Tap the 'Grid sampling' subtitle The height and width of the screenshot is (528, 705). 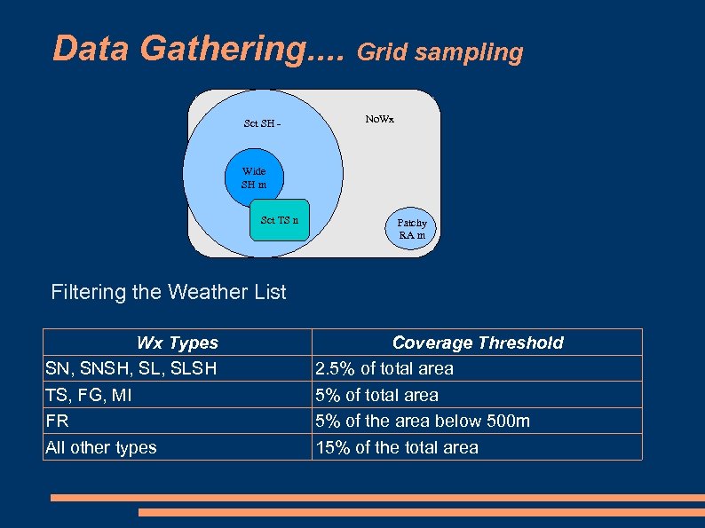(x=440, y=52)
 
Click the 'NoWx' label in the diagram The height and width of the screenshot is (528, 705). (x=380, y=118)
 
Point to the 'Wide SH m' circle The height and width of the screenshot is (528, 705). (x=254, y=178)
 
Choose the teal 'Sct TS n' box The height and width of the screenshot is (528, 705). (x=280, y=220)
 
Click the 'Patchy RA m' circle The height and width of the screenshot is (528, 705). (x=411, y=229)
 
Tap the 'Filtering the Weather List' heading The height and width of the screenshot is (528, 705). (x=169, y=292)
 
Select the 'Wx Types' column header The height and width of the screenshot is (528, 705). (x=177, y=343)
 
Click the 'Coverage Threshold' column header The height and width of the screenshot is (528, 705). (x=477, y=343)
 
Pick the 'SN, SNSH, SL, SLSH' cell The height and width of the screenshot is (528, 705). (x=131, y=368)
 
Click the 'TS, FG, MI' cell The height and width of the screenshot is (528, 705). (x=95, y=395)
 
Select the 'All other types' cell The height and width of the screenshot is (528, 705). (x=100, y=447)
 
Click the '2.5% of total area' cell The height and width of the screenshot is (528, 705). (x=384, y=368)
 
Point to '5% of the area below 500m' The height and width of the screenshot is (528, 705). (x=423, y=421)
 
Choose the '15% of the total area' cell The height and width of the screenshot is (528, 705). (x=397, y=447)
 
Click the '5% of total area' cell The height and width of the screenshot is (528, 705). (x=377, y=395)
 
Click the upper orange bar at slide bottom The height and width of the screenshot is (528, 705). (x=377, y=498)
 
